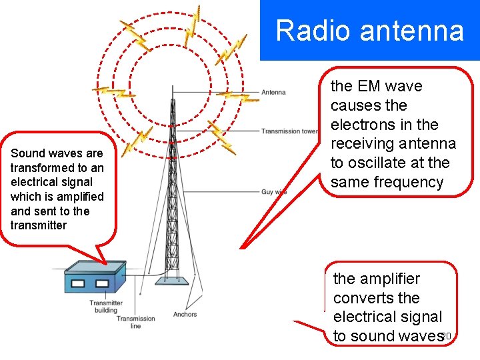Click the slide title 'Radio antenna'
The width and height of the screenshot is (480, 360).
coord(369,31)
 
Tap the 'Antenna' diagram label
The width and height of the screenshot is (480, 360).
coord(273,92)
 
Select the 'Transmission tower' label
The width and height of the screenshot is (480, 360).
coord(289,131)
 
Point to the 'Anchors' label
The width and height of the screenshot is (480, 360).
coord(185,314)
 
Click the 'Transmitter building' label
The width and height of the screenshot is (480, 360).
coord(106,307)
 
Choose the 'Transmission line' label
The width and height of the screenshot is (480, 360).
coord(135,322)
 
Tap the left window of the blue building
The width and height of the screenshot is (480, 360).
coord(77,283)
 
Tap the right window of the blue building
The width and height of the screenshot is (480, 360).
coord(101,283)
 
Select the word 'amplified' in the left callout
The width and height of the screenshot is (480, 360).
coord(81,196)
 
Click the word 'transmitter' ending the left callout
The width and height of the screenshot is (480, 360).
coord(39,225)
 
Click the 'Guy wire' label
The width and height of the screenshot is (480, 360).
coord(274,192)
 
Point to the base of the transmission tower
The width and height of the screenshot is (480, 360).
coord(172,280)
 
